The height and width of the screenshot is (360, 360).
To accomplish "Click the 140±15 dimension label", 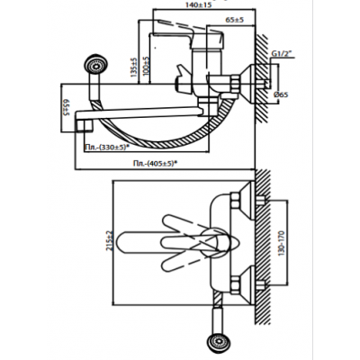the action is click(x=198, y=4).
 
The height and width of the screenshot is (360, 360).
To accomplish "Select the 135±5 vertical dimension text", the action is click(x=134, y=67).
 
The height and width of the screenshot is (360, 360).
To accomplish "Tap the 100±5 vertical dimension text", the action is click(x=146, y=66).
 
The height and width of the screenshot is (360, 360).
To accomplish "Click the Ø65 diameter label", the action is click(x=281, y=94).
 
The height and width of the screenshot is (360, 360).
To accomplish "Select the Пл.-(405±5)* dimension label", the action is click(x=155, y=163).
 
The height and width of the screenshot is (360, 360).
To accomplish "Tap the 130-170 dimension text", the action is click(x=281, y=243).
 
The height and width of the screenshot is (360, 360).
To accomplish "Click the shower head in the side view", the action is click(x=96, y=64).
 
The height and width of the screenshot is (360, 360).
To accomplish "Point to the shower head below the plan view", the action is click(x=220, y=342).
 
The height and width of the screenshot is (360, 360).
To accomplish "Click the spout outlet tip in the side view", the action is click(x=84, y=126).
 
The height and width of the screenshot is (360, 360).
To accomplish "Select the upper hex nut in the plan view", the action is click(x=235, y=200).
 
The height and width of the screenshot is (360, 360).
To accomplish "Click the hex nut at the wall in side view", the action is click(x=236, y=85).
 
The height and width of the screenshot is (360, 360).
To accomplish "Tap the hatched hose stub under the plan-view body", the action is click(x=218, y=298).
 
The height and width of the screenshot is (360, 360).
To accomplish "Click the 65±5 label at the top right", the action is click(x=234, y=20).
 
